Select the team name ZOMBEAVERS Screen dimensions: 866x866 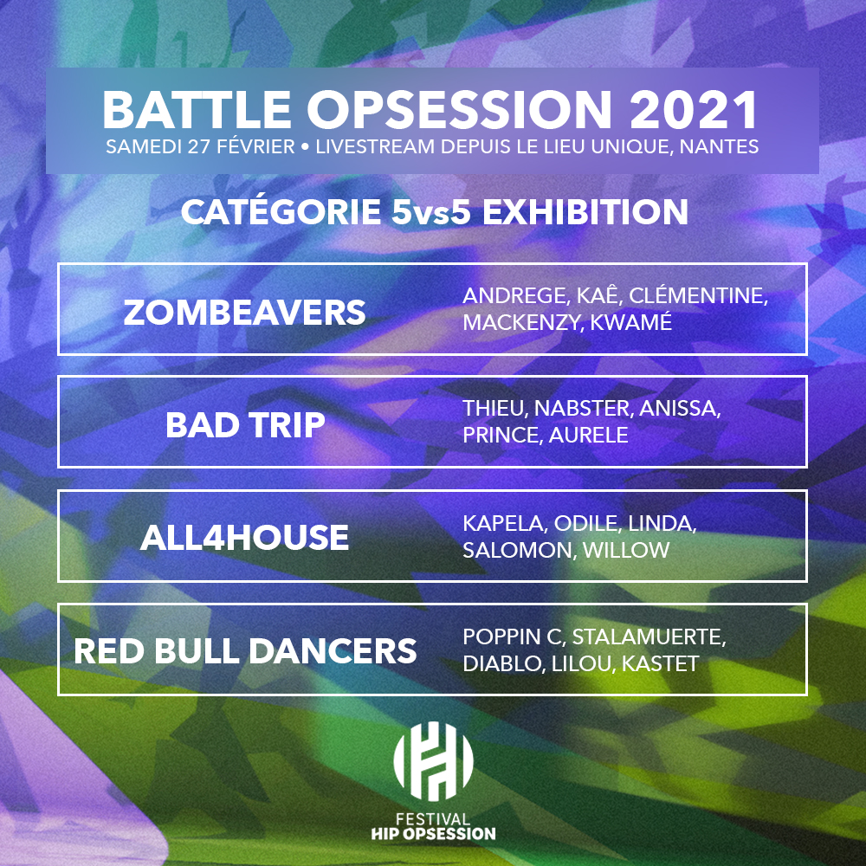[244, 312]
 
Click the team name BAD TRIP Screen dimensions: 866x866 [245, 424]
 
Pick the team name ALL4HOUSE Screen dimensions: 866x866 [245, 538]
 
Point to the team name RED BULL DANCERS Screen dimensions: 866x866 [245, 650]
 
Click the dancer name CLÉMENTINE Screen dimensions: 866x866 [698, 295]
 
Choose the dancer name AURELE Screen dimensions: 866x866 [588, 436]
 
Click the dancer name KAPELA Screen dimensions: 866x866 [505, 523]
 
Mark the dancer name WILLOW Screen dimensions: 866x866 [626, 550]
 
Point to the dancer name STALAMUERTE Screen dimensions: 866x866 [649, 637]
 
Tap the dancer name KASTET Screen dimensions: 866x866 [661, 664]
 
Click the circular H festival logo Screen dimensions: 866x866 [433, 761]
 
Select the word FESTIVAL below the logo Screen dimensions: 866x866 [433, 819]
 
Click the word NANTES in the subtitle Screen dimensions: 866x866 [719, 146]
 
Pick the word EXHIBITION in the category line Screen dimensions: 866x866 [585, 212]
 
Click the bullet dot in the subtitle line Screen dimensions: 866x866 [305, 147]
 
